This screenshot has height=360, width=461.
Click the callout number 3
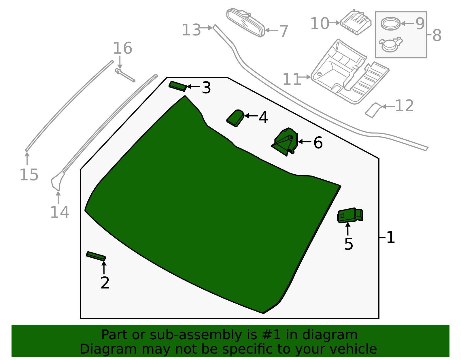pyautogui.click(x=206, y=88)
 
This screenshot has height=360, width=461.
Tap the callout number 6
pyautogui.click(x=318, y=143)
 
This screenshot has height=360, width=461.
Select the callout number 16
pyautogui.click(x=123, y=48)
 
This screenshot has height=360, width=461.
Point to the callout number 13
pyautogui.click(x=191, y=30)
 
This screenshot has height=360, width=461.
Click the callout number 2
pyautogui.click(x=105, y=282)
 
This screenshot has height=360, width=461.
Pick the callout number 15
pyautogui.click(x=29, y=175)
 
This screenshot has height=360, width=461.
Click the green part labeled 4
pyautogui.click(x=235, y=118)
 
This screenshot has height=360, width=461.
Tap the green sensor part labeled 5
pyautogui.click(x=350, y=215)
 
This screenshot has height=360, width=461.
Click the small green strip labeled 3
pyautogui.click(x=178, y=86)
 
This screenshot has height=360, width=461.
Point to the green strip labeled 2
pyautogui.click(x=96, y=256)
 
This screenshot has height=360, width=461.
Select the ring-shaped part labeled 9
pyautogui.click(x=391, y=23)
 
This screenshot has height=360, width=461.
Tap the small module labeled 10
pyautogui.click(x=356, y=22)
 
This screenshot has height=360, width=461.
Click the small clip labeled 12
pyautogui.click(x=373, y=110)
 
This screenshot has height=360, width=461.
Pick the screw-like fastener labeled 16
pyautogui.click(x=125, y=75)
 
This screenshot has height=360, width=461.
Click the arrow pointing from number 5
pyautogui.click(x=348, y=229)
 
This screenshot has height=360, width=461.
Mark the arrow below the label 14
pyautogui.click(x=58, y=197)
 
